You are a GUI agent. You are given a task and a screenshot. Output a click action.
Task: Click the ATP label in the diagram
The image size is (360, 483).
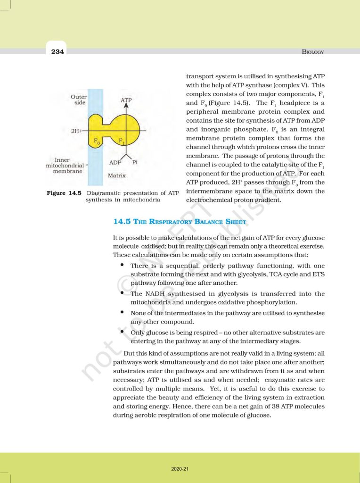tap(126, 100)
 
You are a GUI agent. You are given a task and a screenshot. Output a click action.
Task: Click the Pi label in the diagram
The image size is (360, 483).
tap(135, 162)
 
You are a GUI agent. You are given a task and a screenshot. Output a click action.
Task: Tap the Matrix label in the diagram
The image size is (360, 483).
tap(116, 175)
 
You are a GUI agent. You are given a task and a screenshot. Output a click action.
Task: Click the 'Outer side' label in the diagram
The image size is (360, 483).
tap(79, 100)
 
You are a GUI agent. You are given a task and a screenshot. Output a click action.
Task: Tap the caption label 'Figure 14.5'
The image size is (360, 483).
tap(59, 193)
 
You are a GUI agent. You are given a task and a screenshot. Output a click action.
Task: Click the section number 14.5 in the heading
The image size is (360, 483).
tap(122, 221)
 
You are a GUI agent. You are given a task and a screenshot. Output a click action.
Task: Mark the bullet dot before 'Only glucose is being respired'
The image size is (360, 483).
tap(122, 332)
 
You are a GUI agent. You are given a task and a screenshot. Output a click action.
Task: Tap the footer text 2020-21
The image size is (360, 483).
tap(180, 469)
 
